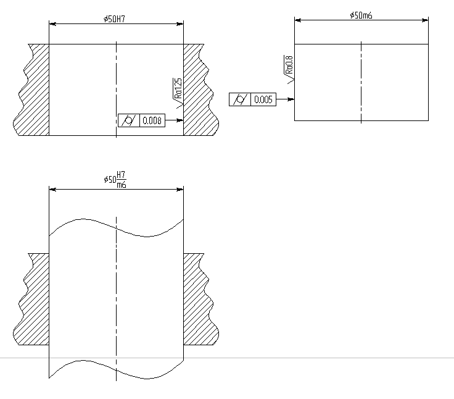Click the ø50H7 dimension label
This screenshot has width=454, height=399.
click(114, 19)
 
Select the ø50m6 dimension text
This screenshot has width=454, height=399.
click(361, 15)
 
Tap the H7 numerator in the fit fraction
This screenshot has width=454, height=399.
click(121, 175)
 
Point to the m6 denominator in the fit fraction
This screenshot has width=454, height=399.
click(122, 185)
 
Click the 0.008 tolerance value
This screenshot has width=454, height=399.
click(152, 120)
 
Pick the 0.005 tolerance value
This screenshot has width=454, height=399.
click(263, 99)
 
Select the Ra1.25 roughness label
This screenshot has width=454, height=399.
click(178, 88)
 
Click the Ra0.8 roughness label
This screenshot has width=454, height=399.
click(289, 65)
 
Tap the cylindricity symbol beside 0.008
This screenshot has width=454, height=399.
click(128, 120)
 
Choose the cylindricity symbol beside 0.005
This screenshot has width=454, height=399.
click(240, 99)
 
